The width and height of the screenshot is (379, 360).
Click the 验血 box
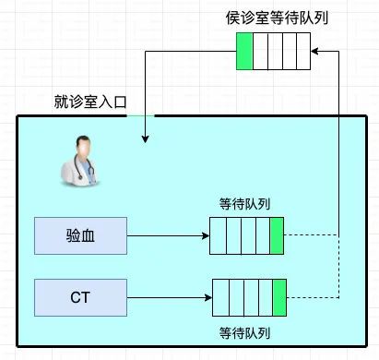(x=80, y=236)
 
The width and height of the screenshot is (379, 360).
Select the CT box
(x=80, y=297)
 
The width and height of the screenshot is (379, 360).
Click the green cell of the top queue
(x=243, y=53)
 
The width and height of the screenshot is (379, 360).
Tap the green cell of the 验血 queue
(x=276, y=236)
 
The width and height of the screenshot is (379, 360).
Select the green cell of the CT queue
(x=278, y=297)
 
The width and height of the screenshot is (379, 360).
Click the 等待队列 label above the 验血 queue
(x=246, y=204)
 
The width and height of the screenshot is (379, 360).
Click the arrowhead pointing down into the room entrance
(x=144, y=139)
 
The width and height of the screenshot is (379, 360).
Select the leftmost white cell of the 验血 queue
(x=218, y=236)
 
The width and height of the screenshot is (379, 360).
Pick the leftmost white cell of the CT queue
(x=220, y=297)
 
